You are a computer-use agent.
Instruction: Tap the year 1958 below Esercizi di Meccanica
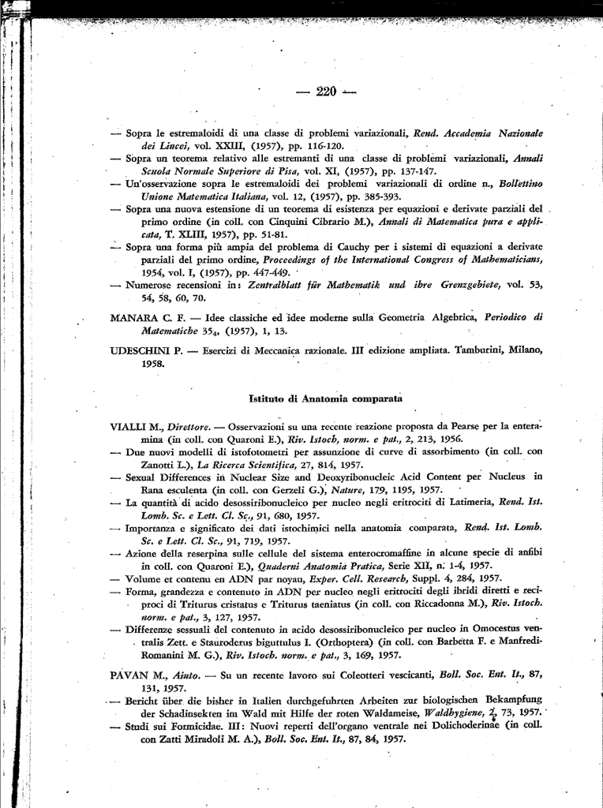127,364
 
